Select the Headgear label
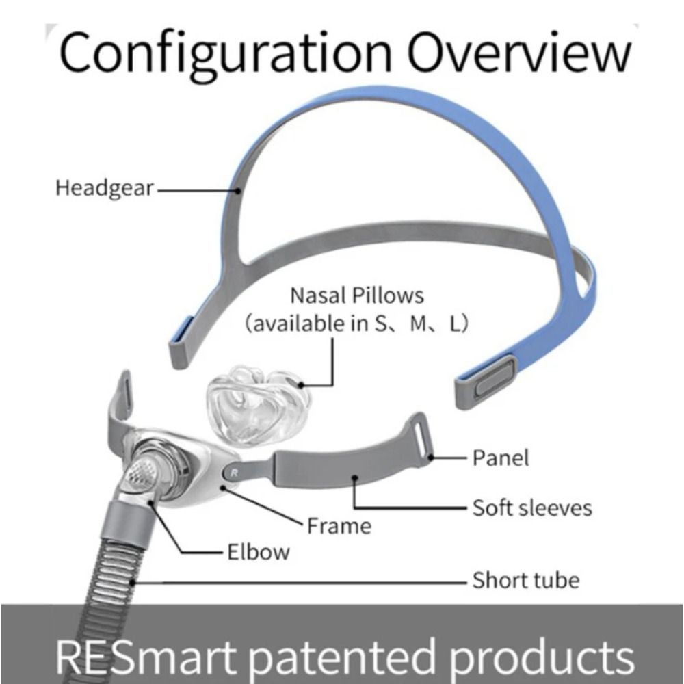pos(105,187)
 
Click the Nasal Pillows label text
pos(357,295)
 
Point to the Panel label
pos(501,457)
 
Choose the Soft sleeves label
pos(532,508)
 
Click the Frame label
pos(339,525)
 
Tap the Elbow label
pos(258,551)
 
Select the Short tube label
pos(525,581)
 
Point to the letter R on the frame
pos(235,471)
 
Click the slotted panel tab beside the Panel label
pos(419,438)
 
